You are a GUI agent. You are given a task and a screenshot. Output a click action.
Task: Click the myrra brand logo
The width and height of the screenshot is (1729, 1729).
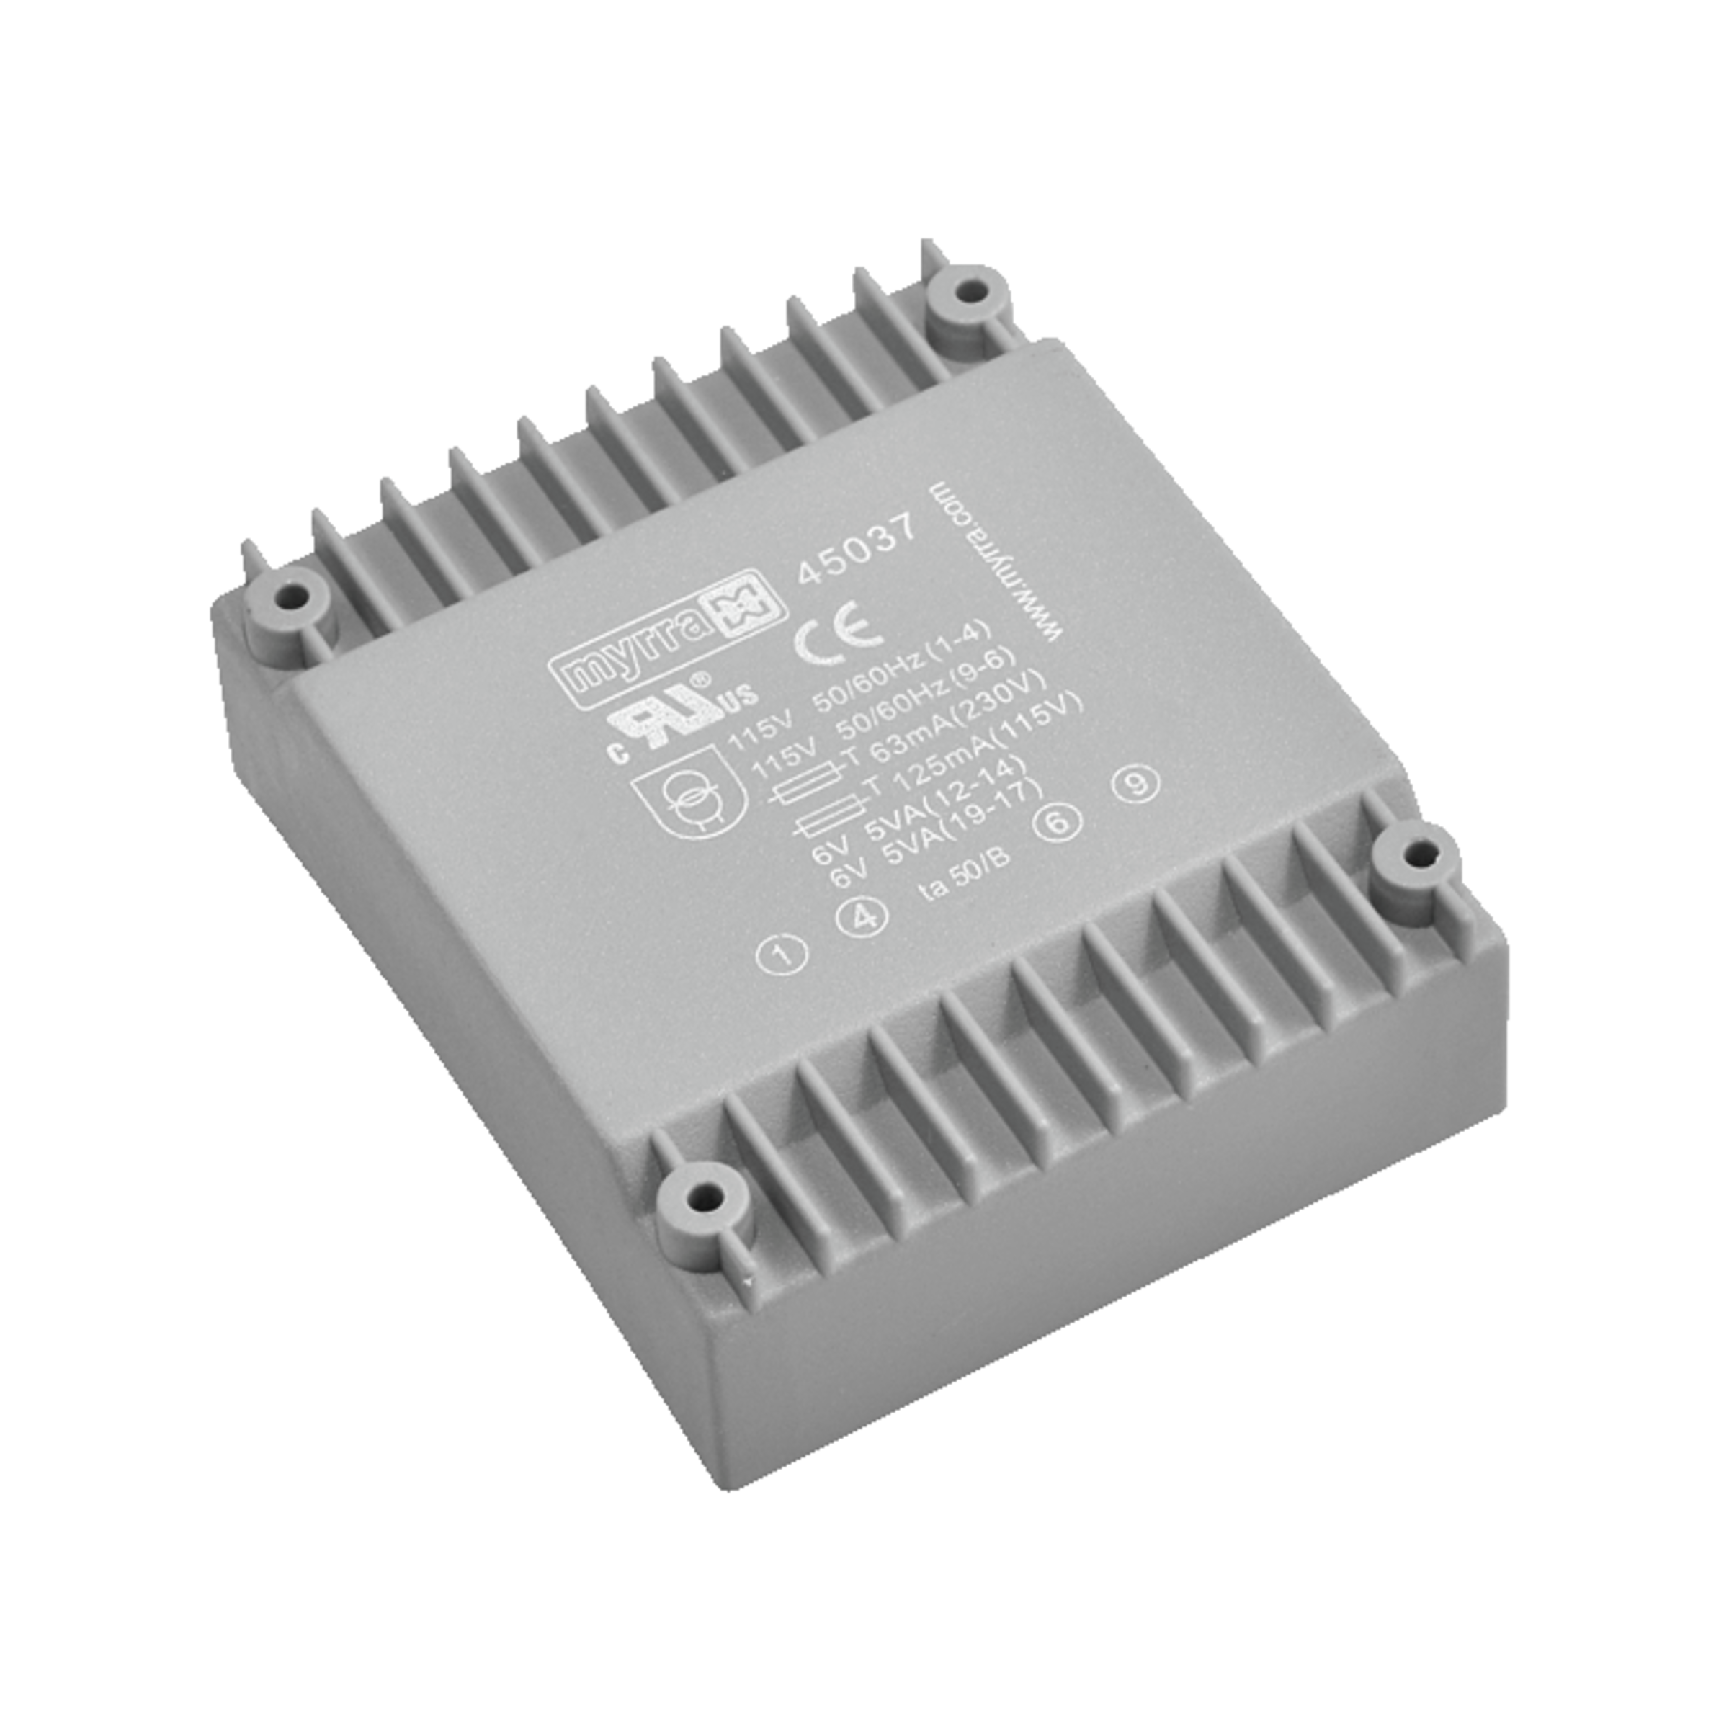coord(666,638)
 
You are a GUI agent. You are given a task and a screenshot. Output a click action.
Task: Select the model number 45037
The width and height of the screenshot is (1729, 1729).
coord(857,548)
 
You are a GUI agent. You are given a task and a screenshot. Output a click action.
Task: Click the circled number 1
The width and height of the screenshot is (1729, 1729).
coord(783,954)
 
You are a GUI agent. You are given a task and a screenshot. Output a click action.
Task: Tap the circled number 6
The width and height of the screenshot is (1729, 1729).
coord(1058,821)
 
